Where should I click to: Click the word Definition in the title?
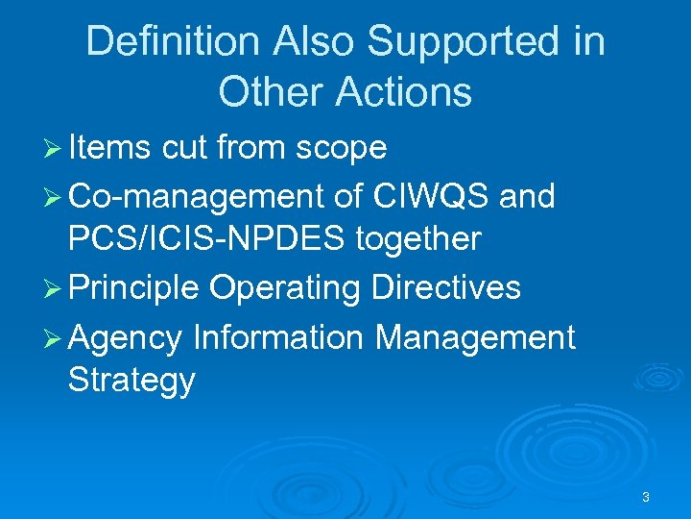click(173, 41)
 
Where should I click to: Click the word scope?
click(342, 147)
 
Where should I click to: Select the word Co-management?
click(196, 196)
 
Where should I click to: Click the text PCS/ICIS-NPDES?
click(206, 238)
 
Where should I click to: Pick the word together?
click(418, 238)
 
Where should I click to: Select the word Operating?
click(285, 287)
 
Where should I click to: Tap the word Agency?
click(126, 337)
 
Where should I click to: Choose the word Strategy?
click(131, 380)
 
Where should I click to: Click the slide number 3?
click(645, 497)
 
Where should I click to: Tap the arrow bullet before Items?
click(54, 148)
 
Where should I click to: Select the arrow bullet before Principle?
click(54, 288)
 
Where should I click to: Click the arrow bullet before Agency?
click(54, 337)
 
